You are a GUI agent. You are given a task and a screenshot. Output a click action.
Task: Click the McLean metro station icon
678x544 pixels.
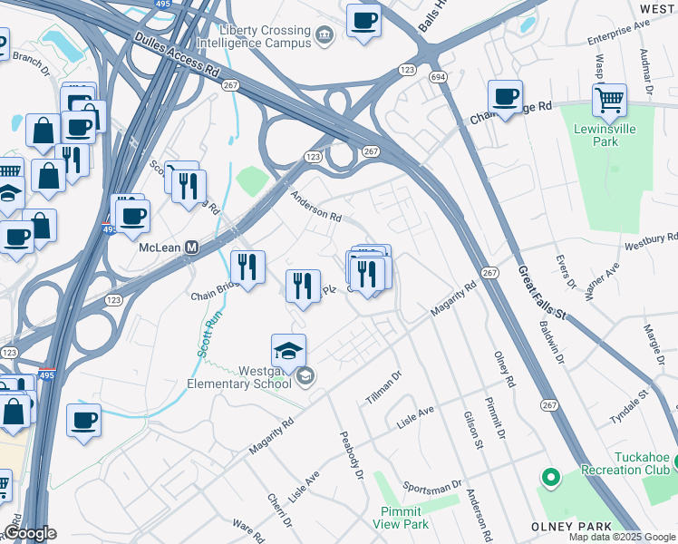tap(192, 247)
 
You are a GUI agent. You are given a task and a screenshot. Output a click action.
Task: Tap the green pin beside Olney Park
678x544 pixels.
tap(549, 476)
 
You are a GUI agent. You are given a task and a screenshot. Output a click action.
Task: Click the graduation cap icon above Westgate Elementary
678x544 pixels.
tap(288, 351)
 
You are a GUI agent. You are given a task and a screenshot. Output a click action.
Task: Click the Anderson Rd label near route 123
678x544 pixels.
tap(315, 205)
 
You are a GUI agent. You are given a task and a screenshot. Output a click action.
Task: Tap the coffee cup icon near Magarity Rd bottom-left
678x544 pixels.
tap(83, 419)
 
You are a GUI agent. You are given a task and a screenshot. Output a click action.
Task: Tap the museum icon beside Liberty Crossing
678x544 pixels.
tap(325, 34)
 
